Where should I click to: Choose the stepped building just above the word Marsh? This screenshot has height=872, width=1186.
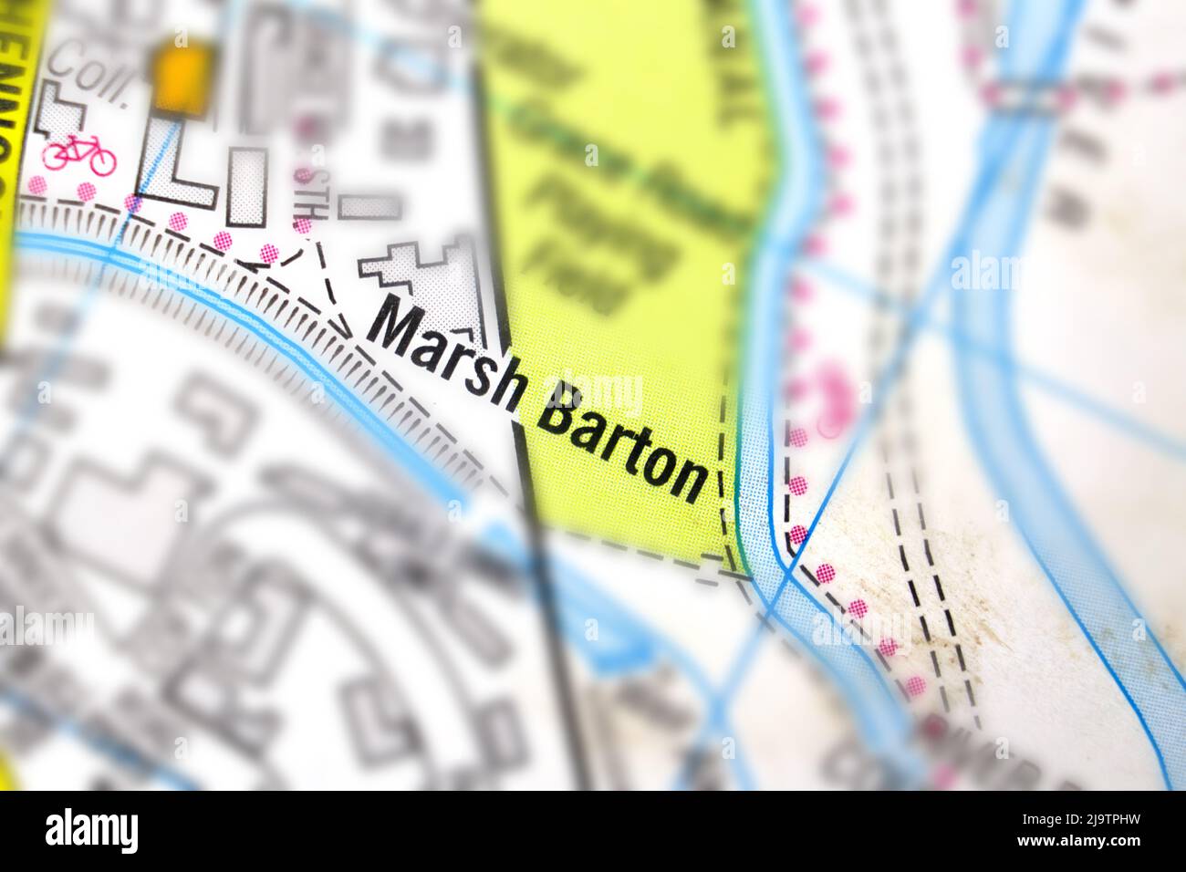[x=429, y=278]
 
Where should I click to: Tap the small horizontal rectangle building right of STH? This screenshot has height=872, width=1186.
[x=369, y=207]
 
